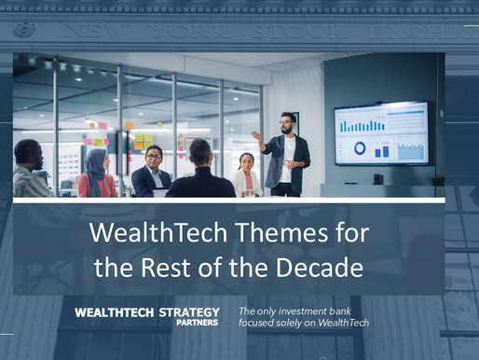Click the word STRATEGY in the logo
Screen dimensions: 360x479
click(186, 312)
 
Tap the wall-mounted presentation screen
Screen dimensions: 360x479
click(382, 132)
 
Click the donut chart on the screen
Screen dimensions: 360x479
click(360, 147)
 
